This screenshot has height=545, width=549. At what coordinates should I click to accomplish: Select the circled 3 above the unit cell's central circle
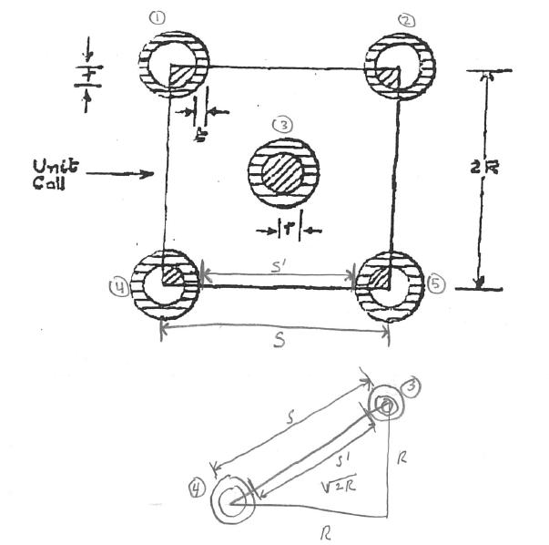point(283,127)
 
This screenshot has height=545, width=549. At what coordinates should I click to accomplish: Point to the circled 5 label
point(436,285)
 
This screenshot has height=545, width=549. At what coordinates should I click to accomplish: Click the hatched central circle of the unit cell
point(283,172)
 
